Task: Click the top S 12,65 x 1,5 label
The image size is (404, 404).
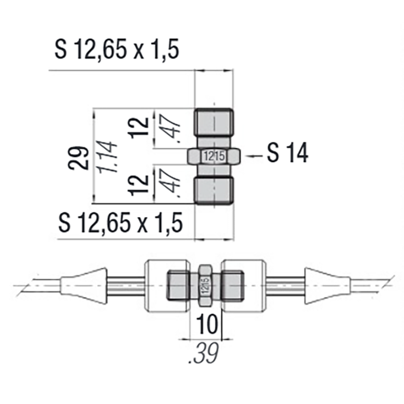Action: [x=117, y=51]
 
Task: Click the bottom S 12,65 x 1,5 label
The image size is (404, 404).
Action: [x=120, y=222]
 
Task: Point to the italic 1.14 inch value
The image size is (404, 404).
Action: [x=109, y=157]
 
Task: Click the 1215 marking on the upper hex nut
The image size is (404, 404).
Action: [x=214, y=157]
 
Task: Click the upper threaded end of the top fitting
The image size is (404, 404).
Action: [x=214, y=122]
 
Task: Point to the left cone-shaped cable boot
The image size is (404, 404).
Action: [x=83, y=286]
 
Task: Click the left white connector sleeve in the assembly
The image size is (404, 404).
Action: [x=156, y=287]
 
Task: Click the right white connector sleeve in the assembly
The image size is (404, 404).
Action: [x=252, y=287]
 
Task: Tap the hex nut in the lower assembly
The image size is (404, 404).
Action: [x=205, y=287]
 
